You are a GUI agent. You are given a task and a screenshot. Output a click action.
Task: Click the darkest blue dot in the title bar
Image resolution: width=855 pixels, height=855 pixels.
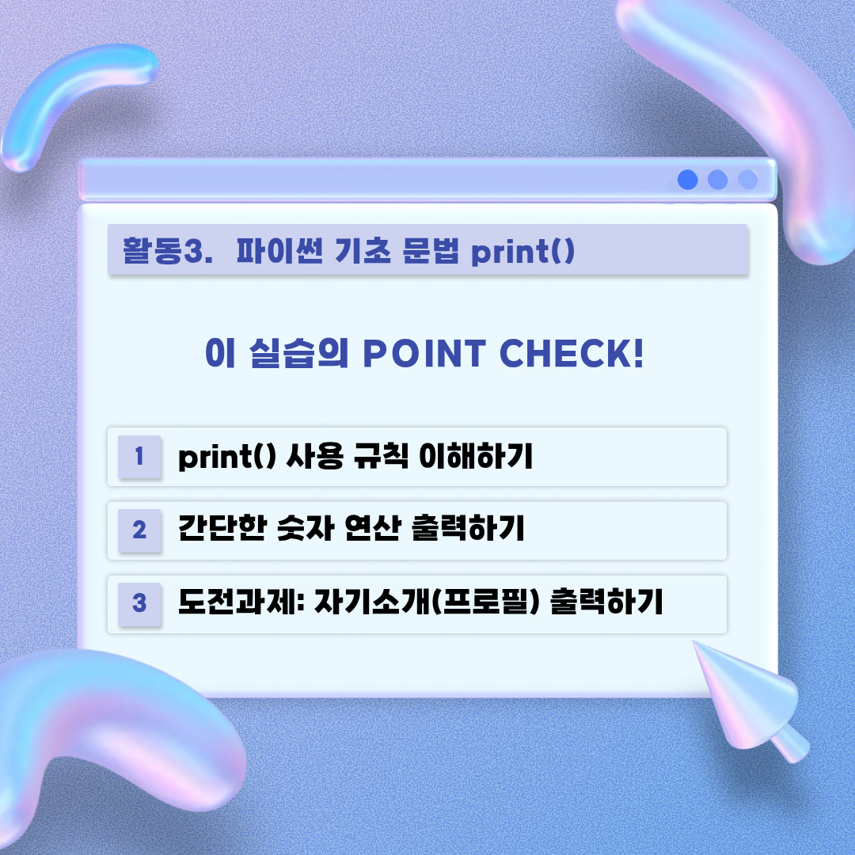click(x=688, y=180)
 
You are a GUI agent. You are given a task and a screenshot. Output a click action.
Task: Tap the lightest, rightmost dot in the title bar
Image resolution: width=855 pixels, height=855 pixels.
click(x=747, y=180)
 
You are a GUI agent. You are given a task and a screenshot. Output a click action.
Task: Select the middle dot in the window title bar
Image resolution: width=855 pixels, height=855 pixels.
click(x=717, y=180)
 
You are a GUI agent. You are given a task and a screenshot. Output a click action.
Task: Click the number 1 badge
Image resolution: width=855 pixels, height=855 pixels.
click(x=139, y=457)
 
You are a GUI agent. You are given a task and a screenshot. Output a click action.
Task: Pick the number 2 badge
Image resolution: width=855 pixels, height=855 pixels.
click(x=139, y=530)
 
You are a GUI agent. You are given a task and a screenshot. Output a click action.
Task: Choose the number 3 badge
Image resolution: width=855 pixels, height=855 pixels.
click(x=139, y=603)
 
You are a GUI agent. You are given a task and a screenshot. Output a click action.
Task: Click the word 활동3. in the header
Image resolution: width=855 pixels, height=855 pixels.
click(x=167, y=251)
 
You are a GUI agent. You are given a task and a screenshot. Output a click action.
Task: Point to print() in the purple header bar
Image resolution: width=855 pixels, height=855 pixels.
click(x=523, y=252)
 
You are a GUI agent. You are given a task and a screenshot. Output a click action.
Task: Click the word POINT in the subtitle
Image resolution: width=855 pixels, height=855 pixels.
click(x=424, y=353)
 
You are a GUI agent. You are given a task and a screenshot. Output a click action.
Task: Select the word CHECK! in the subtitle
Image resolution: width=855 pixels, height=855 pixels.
click(x=572, y=353)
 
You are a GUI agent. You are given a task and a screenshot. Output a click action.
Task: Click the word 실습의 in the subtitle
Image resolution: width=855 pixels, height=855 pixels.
click(x=298, y=353)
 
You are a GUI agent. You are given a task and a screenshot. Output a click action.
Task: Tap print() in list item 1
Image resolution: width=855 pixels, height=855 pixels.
click(x=227, y=457)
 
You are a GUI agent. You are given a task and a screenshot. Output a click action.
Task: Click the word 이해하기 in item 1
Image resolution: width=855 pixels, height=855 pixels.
click(x=476, y=456)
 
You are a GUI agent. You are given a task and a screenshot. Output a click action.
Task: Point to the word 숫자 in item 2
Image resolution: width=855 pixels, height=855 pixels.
click(x=306, y=528)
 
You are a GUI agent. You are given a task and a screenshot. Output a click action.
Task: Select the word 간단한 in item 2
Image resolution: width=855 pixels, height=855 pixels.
click(x=222, y=528)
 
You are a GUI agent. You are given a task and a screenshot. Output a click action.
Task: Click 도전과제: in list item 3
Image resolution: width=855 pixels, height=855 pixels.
click(x=241, y=602)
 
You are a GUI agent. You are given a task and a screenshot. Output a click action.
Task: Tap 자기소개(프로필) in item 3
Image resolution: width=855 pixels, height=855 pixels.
click(x=427, y=602)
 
